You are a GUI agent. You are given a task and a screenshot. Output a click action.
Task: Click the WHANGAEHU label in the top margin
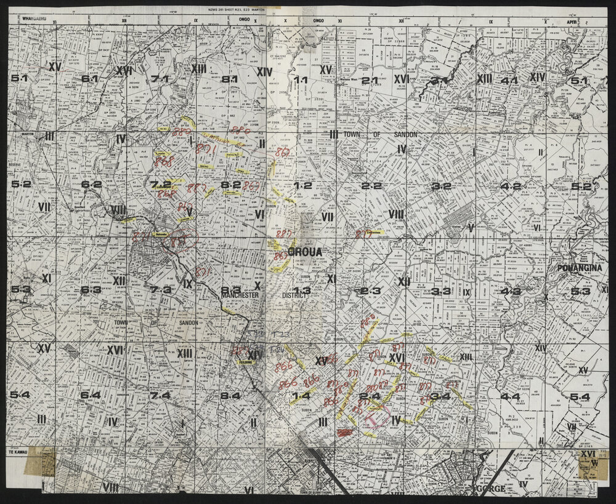(34, 19)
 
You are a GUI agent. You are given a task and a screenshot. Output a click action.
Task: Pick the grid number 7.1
(160, 79)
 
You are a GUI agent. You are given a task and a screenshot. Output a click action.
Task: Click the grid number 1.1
(301, 80)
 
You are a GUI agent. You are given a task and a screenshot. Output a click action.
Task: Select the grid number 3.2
(441, 186)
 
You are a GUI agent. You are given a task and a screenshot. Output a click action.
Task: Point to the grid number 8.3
(230, 290)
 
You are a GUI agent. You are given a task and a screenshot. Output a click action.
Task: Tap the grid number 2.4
(371, 396)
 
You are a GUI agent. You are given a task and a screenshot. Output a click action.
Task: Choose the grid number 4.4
(510, 396)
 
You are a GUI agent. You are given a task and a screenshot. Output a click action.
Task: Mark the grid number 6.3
(91, 290)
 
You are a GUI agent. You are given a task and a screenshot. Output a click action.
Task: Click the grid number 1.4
(302, 396)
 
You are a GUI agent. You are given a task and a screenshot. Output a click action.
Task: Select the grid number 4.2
(510, 186)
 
